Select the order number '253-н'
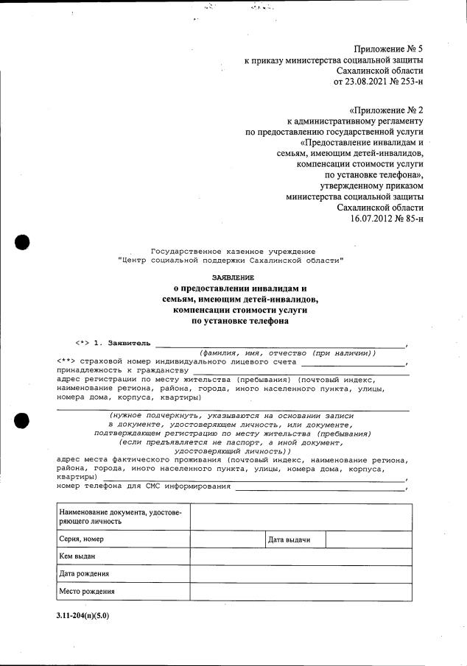click(x=410, y=82)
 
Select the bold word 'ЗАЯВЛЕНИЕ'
click(x=233, y=277)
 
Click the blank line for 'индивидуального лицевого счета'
click(x=353, y=362)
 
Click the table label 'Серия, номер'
click(x=82, y=539)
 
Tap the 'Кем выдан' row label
click(x=77, y=556)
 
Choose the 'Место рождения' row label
click(x=86, y=591)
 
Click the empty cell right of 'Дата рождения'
click(x=301, y=573)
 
